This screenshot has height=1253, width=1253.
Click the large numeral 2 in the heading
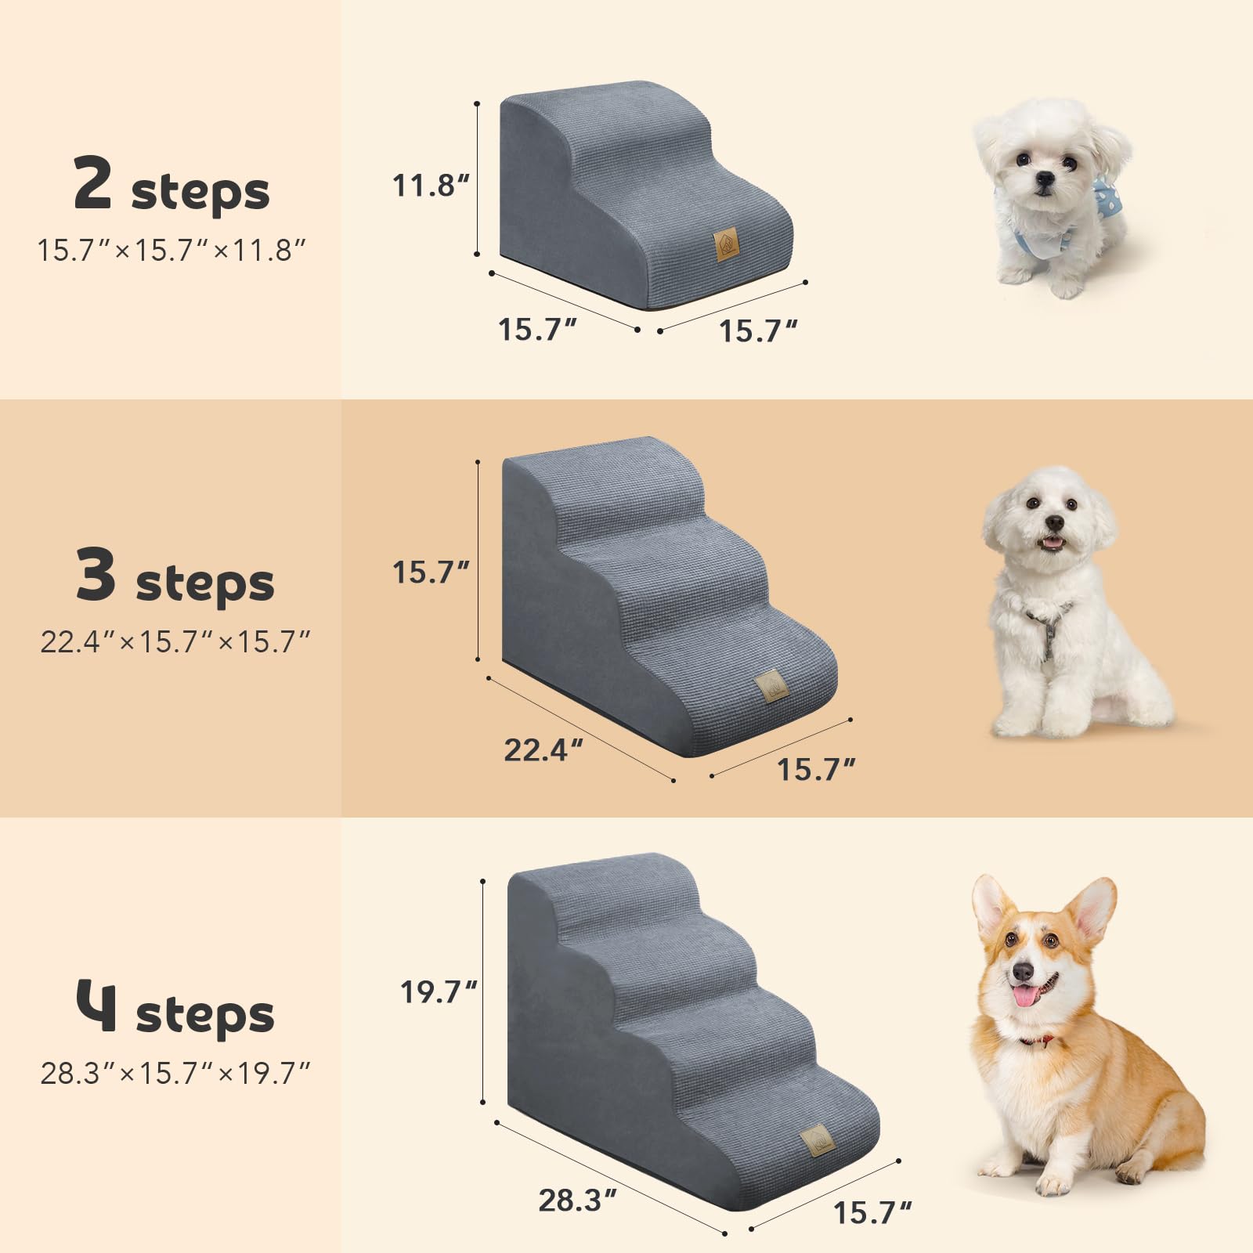coord(92,182)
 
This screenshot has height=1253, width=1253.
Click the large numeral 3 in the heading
coord(96,574)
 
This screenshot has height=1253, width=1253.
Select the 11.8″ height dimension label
coord(430,186)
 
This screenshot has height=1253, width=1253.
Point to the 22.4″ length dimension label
coord(543,750)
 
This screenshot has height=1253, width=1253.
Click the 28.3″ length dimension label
coord(577,1200)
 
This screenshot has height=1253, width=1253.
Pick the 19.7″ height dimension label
coord(438,992)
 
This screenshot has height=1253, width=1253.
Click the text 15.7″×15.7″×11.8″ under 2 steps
coord(172,251)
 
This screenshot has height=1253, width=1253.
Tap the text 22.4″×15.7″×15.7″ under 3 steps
coord(175,642)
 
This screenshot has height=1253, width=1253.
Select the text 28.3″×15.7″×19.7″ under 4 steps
coord(175,1073)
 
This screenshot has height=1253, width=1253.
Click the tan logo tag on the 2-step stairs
coord(726,244)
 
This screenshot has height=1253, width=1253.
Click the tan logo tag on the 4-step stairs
coord(817,1142)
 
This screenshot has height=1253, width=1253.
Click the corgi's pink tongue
coord(1024,996)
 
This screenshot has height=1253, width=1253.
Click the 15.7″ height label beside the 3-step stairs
coord(430,572)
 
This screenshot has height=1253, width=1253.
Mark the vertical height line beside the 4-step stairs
coord(484,991)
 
